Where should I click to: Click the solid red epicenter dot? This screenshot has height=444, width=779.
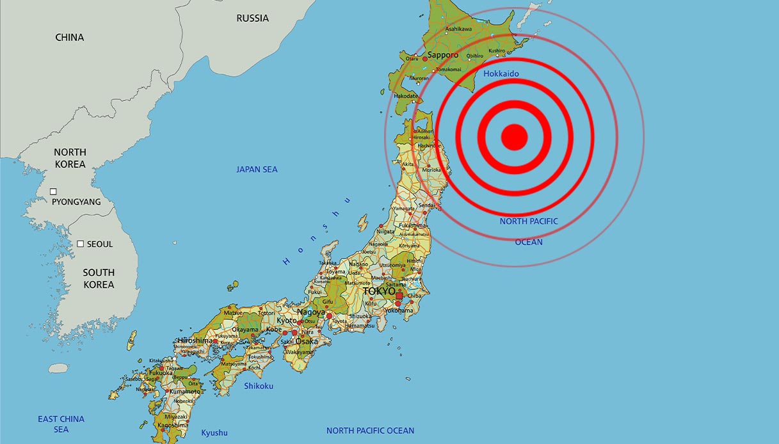[513, 136]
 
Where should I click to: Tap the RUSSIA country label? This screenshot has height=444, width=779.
[252, 18]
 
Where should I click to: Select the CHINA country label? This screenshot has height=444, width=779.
[70, 37]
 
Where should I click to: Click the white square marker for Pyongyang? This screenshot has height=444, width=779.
[54, 191]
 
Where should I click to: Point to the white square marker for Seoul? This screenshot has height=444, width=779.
[81, 244]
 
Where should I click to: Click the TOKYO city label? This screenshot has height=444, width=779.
[379, 291]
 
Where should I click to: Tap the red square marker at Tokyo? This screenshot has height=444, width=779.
[400, 296]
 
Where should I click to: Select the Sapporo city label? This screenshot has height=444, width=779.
[443, 55]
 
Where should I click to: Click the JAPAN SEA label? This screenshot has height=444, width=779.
[257, 170]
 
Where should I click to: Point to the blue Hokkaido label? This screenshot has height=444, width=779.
[501, 74]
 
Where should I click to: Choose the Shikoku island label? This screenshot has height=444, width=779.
[259, 386]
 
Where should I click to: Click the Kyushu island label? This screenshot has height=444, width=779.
[214, 432]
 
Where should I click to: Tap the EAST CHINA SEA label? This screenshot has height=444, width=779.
[61, 424]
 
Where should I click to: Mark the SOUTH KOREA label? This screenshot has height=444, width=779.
[99, 278]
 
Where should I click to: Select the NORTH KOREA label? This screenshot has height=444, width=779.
[70, 158]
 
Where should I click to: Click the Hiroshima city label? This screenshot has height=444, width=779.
[195, 340]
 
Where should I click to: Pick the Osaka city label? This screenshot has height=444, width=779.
[307, 341]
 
